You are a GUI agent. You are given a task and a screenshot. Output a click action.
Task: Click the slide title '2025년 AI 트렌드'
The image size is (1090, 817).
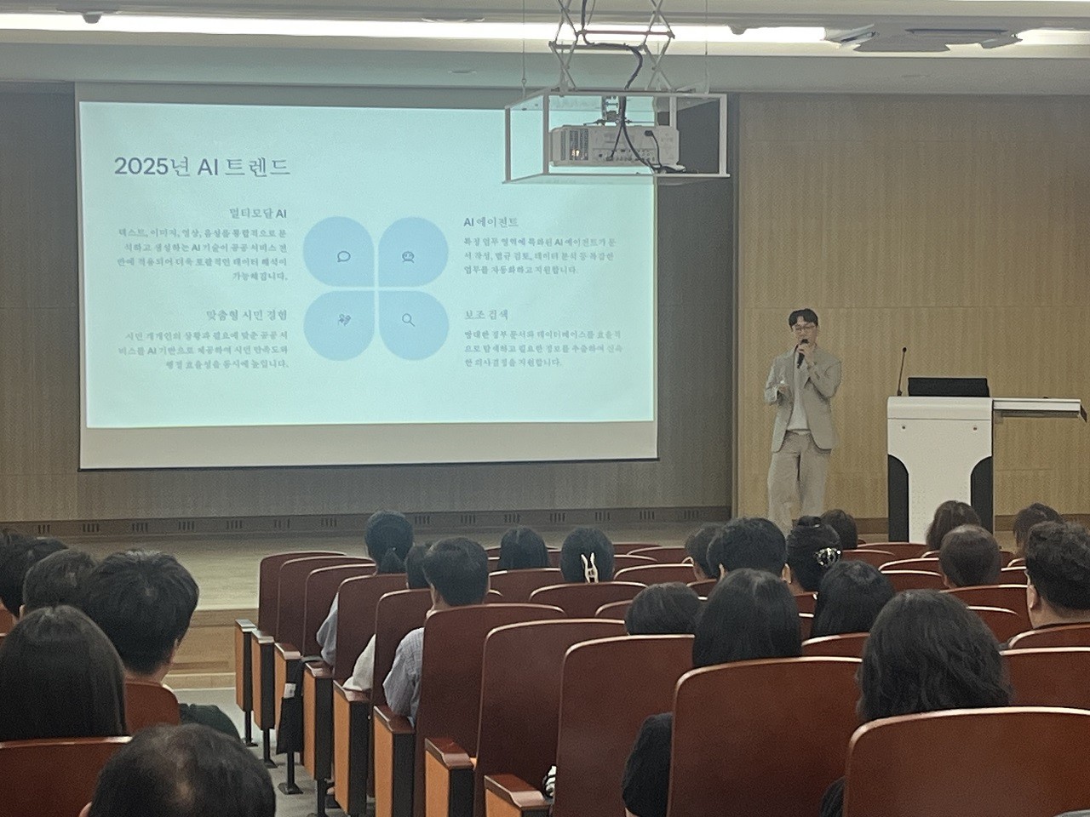click(x=202, y=166)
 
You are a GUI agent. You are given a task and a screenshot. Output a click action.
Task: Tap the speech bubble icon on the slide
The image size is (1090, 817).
click(x=344, y=256)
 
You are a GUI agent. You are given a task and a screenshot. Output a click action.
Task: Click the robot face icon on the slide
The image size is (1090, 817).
click(x=408, y=256)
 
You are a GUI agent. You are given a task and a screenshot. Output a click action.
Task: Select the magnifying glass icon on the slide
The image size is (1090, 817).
click(x=408, y=320)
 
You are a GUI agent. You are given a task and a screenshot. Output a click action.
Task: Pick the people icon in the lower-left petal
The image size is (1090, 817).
click(x=344, y=320)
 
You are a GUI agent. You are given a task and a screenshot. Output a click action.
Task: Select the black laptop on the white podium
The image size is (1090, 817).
click(x=947, y=387)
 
